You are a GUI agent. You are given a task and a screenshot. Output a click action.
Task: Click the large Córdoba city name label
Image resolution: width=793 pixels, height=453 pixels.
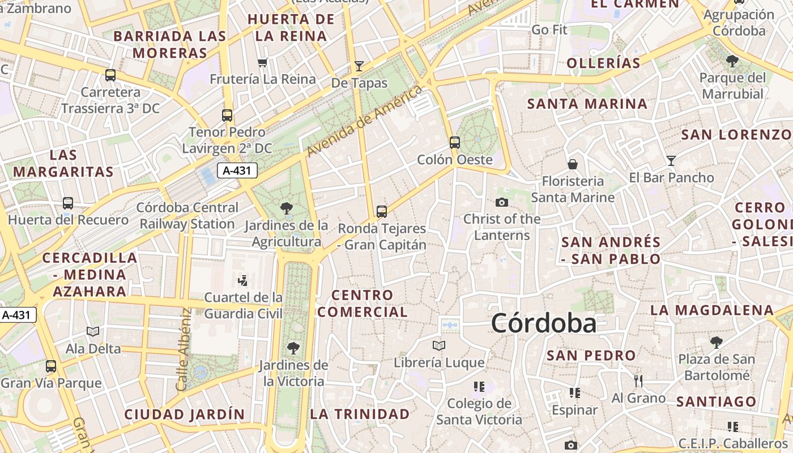tap(543, 323)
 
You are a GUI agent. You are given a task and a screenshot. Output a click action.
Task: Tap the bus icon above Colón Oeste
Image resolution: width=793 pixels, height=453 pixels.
tap(455, 142)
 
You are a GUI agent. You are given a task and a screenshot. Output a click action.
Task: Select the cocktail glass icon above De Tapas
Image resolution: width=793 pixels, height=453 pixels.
tap(359, 66)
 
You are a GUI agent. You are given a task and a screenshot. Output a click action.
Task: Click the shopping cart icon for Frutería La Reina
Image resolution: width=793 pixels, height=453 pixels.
tap(262, 62)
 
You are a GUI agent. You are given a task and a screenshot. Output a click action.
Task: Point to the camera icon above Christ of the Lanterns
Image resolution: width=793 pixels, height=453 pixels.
tap(501, 202)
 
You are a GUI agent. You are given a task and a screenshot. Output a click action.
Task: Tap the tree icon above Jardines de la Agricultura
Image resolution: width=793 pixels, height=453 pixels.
tap(287, 208)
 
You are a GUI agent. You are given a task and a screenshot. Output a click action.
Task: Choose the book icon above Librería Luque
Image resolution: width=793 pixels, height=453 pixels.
tap(439, 345)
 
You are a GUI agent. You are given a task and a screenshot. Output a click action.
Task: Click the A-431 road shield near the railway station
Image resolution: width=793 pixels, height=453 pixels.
tap(237, 170)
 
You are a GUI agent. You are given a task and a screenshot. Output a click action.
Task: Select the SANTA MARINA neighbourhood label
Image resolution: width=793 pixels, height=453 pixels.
tap(587, 104)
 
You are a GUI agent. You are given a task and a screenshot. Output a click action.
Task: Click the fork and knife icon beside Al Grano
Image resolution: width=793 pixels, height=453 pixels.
tap(638, 381)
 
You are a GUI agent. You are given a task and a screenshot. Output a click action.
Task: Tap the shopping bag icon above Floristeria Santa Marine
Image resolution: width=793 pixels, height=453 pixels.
tap(573, 164)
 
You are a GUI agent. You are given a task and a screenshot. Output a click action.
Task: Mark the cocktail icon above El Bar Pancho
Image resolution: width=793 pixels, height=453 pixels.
tap(671, 161)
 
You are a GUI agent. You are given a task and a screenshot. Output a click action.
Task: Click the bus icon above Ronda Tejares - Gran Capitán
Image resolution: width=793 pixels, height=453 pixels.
tap(382, 212)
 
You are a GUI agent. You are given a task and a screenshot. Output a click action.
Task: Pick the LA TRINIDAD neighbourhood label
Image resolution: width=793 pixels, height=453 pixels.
tap(360, 414)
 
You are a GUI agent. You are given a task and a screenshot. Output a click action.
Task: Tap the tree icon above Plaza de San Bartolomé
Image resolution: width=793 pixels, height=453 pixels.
tap(717, 342)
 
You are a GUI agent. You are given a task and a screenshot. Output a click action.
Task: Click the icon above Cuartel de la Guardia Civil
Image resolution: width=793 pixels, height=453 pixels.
tap(243, 280)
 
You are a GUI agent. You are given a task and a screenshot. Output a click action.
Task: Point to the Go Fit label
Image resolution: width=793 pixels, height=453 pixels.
tap(549, 29)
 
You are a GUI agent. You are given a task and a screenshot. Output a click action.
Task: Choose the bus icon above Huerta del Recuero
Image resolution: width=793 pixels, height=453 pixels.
tap(68, 203)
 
